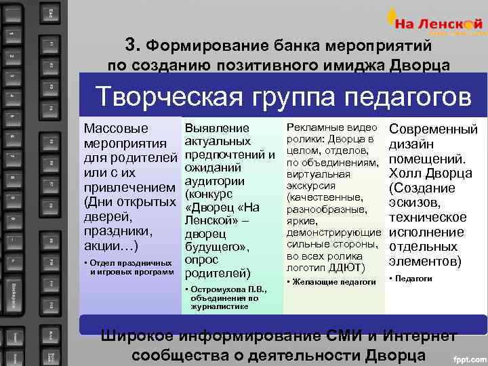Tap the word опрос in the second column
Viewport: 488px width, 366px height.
201,259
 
